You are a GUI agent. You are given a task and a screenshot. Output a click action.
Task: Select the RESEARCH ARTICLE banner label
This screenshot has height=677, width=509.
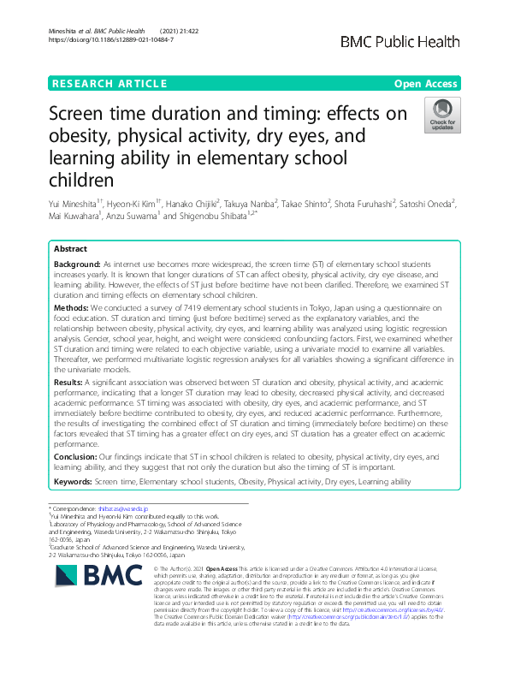coord(109,83)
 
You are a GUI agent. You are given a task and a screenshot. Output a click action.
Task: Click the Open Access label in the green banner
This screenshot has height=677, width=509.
coord(427,83)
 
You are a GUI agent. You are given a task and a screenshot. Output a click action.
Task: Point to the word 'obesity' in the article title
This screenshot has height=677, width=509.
coord(83,137)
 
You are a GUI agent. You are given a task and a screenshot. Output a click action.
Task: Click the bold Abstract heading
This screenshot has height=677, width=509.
coord(70,248)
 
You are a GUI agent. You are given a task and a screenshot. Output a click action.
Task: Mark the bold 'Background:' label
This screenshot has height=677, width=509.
coord(77,266)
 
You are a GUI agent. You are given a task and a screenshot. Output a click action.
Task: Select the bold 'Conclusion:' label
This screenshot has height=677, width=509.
coord(75,457)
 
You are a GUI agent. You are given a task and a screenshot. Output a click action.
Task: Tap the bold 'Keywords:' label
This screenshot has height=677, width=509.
coord(74,483)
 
